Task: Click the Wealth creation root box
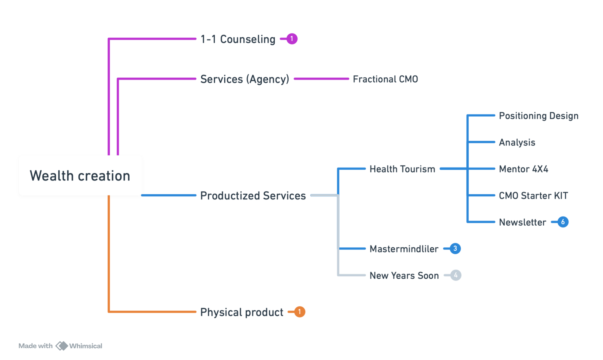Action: (80, 175)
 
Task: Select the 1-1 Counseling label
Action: (238, 39)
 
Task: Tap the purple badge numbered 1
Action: (292, 39)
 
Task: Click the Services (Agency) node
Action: (245, 79)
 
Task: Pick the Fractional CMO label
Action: (385, 79)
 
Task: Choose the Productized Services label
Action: (253, 196)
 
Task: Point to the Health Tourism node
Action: (403, 169)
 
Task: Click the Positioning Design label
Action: (538, 116)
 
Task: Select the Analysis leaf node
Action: (517, 142)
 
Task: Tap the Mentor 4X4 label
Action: (523, 169)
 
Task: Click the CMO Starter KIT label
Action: (533, 196)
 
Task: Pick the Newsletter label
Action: (522, 222)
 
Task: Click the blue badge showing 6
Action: (563, 222)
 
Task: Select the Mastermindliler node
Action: (404, 249)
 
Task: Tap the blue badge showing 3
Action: (455, 249)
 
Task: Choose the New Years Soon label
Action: (404, 275)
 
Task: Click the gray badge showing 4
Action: (456, 275)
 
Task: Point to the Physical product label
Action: (242, 312)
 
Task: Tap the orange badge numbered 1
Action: (299, 312)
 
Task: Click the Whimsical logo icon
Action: (62, 346)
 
